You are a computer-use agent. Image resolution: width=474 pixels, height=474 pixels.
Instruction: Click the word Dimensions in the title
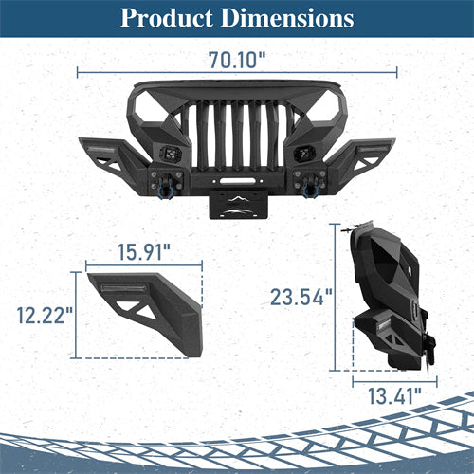pos(286,19)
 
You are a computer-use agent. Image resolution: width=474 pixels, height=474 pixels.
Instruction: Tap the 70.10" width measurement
pos(237,59)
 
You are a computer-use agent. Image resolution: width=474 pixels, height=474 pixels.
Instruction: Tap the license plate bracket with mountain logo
pos(238,203)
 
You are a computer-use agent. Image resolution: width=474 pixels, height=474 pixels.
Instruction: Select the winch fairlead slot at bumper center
pos(238,175)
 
